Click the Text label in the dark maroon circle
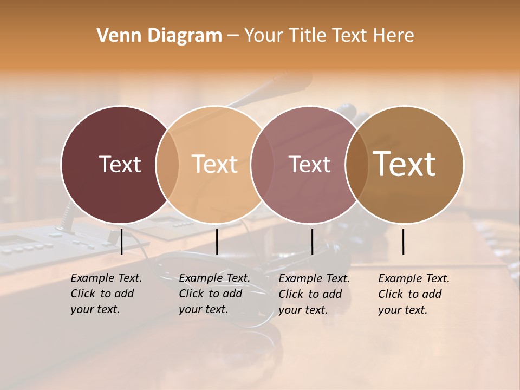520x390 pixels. click(120, 164)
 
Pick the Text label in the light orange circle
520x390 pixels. click(215, 164)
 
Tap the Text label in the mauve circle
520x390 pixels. click(310, 164)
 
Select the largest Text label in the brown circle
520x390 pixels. click(405, 164)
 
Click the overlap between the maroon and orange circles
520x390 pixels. click(167, 164)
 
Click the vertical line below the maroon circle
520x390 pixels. click(122, 242)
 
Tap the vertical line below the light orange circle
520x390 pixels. click(217, 242)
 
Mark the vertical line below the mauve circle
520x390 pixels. click(312, 242)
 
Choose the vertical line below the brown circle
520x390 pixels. click(404, 242)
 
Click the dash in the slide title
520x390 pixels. click(233, 36)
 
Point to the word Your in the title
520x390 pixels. click(263, 36)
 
